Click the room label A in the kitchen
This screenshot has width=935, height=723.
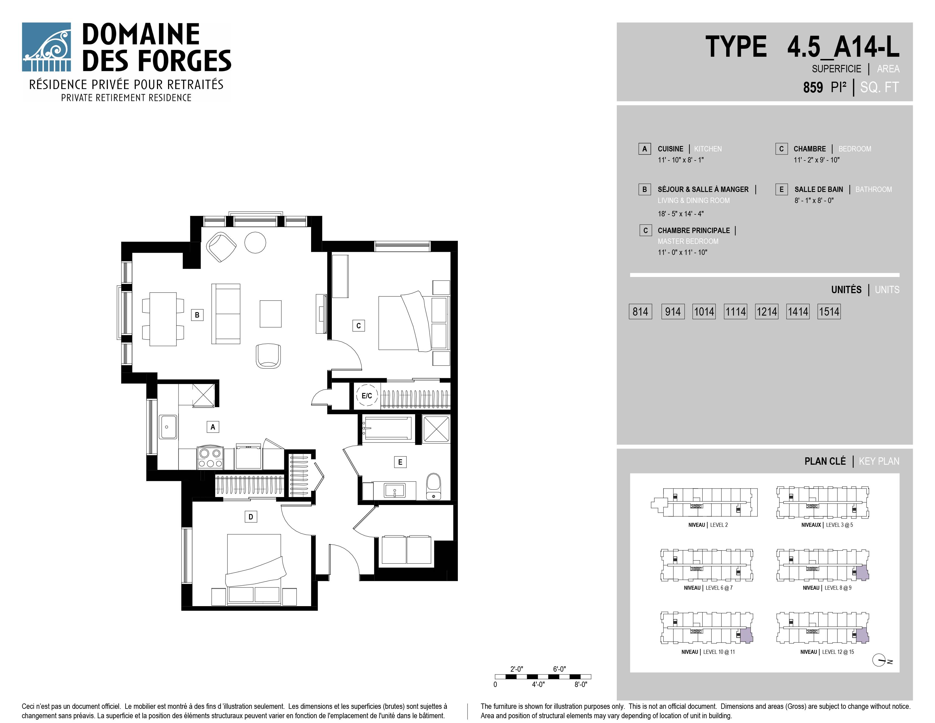[213, 427]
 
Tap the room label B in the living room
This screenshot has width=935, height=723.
[197, 315]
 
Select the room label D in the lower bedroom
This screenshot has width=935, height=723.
[251, 517]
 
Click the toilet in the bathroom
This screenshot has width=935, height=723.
[434, 486]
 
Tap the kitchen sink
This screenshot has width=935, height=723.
[168, 427]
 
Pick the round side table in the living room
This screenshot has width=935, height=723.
[255, 242]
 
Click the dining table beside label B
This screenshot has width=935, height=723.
[163, 319]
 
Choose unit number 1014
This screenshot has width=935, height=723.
[704, 311]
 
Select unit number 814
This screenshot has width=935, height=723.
[640, 311]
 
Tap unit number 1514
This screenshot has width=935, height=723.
[829, 311]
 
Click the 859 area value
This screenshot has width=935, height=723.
[813, 87]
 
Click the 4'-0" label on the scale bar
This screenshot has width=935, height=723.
[538, 684]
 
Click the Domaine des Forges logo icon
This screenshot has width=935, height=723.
[46, 47]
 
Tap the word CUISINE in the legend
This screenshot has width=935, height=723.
[670, 149]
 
